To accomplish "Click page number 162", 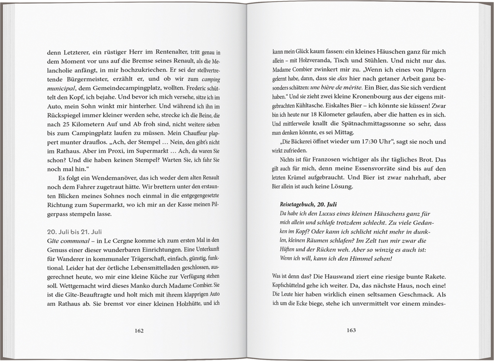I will point(139,330).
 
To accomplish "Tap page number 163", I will point(352,330).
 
